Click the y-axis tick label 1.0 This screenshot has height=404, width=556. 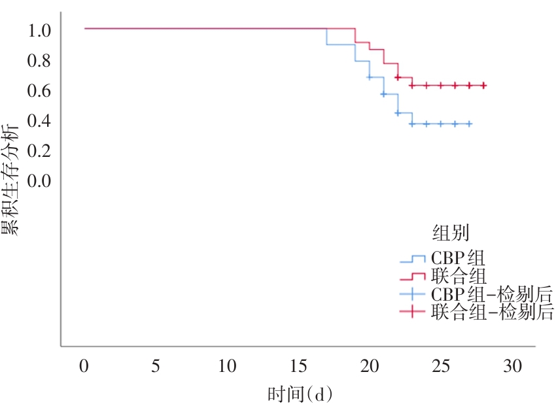click(x=41, y=30)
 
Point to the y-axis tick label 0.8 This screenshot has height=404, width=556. click(x=41, y=60)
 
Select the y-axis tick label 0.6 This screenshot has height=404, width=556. click(x=41, y=90)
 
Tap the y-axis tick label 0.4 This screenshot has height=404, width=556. click(x=41, y=120)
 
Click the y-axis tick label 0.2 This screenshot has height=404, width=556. click(x=41, y=150)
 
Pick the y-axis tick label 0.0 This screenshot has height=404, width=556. click(x=41, y=180)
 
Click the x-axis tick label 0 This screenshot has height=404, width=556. click(x=84, y=366)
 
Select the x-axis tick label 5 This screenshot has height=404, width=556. click(x=156, y=366)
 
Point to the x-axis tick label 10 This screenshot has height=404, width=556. click(x=227, y=366)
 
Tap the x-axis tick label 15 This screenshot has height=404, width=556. click(x=298, y=366)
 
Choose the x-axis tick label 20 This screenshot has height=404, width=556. click(x=370, y=366)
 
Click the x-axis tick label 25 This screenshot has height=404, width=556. click(x=442, y=366)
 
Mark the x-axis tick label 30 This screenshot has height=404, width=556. click(x=513, y=366)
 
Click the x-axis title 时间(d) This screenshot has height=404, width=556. click(x=300, y=394)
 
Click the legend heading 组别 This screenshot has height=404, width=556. click(x=450, y=233)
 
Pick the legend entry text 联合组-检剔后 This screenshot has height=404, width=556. click(x=492, y=312)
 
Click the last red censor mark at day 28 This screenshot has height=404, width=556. click(x=484, y=86)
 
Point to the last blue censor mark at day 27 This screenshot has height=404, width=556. click(x=470, y=124)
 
